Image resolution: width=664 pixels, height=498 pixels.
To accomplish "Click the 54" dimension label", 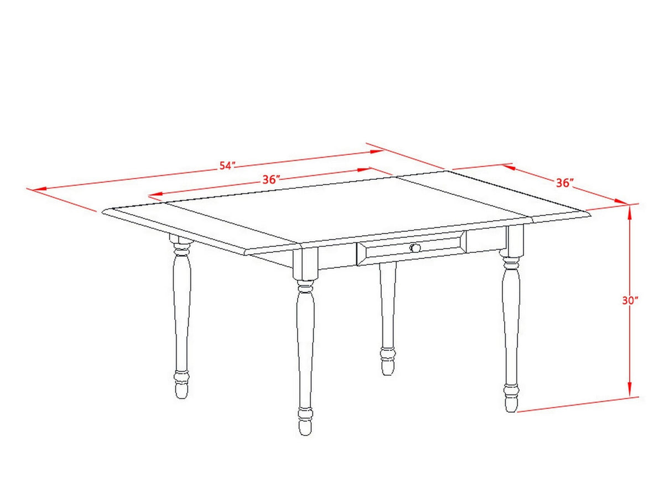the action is pyautogui.click(x=227, y=166).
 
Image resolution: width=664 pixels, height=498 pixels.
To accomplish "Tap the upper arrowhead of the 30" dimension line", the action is pyautogui.click(x=630, y=212).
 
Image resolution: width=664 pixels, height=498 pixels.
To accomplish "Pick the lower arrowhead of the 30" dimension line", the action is pyautogui.click(x=630, y=388).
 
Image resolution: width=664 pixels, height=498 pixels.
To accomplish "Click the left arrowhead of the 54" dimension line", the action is pyautogui.click(x=40, y=190).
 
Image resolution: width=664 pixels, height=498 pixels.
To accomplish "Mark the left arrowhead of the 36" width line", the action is pyautogui.click(x=156, y=194).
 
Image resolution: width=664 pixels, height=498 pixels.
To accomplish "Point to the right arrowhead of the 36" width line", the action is pyautogui.click(x=364, y=169).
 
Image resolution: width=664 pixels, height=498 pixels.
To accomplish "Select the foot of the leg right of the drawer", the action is pyautogui.click(x=511, y=398).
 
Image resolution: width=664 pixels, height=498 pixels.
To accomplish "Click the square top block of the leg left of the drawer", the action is pyautogui.click(x=305, y=263).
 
